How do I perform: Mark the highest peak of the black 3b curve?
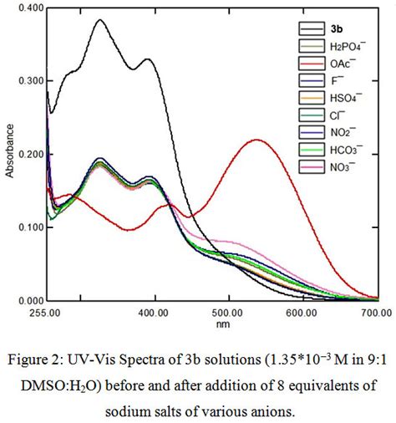100,20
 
